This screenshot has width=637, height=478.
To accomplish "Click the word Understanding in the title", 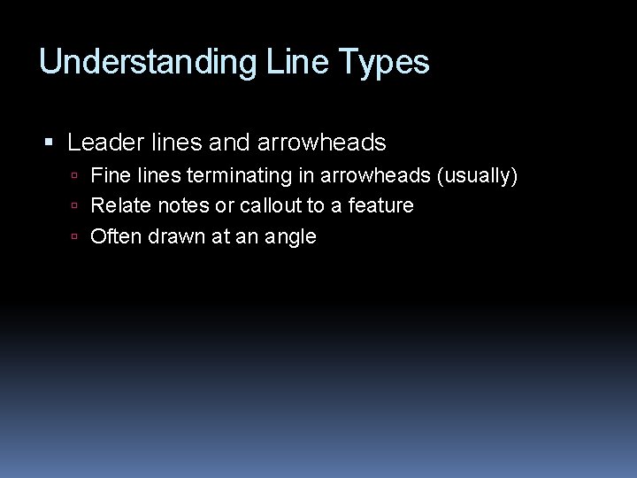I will click(147, 63).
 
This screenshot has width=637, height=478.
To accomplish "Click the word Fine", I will click(110, 176).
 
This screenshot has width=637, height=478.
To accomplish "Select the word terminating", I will click(238, 176).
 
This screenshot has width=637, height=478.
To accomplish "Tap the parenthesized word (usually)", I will click(476, 176).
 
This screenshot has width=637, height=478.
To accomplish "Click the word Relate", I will click(120, 205).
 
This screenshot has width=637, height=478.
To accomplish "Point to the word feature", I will click(381, 205).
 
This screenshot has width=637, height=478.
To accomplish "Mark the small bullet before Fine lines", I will click(77, 177).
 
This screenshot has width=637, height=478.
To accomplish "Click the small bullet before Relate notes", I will click(77, 206).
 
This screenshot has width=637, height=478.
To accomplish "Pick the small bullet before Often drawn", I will click(77, 236).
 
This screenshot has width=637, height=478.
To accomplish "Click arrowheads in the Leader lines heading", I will click(322, 142).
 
